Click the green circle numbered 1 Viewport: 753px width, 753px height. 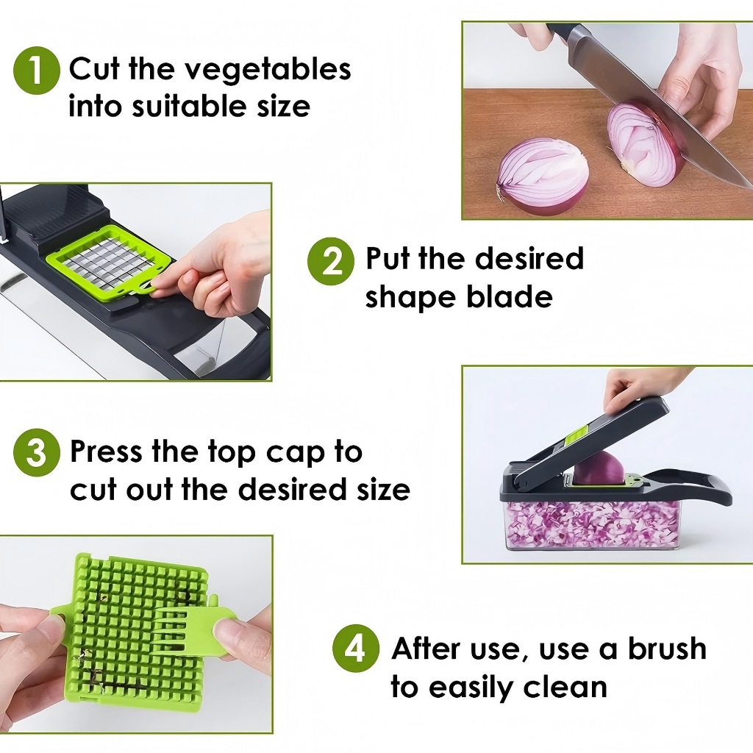pyautogui.click(x=37, y=71)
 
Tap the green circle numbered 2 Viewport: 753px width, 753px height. pyautogui.click(x=331, y=261)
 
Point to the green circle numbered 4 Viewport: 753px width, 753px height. pyautogui.click(x=356, y=649)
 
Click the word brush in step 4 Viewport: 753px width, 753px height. pyautogui.click(x=666, y=649)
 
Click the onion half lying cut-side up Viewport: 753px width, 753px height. pyautogui.click(x=543, y=176)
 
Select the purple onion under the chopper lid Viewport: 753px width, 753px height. pyautogui.click(x=599, y=468)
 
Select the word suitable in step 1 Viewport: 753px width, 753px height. pyautogui.click(x=191, y=106)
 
